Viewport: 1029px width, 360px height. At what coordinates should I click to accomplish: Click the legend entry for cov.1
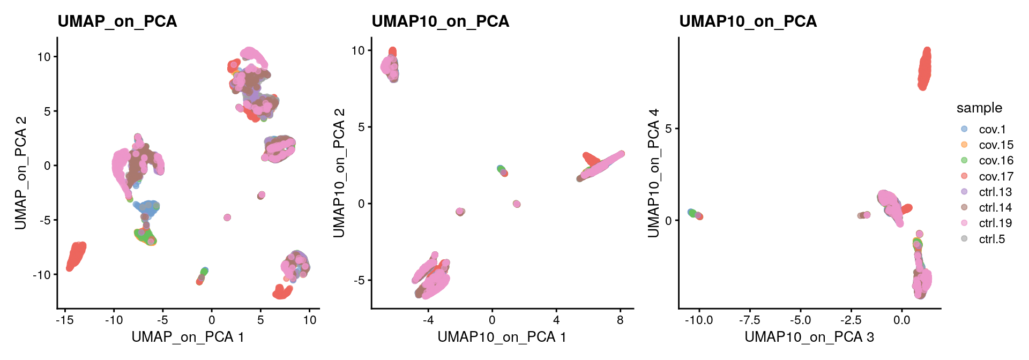click(x=991, y=130)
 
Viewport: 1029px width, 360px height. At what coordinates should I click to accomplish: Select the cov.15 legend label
click(x=996, y=145)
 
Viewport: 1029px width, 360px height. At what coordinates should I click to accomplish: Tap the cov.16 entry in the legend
click(x=996, y=161)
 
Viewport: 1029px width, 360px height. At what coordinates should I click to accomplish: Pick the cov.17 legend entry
click(x=996, y=176)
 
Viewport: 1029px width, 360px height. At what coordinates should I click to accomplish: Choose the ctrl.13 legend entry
click(x=995, y=192)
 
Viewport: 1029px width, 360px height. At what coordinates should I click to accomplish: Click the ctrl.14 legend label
click(x=995, y=207)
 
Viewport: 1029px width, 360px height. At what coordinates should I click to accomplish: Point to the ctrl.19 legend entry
click(x=995, y=223)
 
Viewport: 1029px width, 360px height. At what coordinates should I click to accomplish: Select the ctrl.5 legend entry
click(x=991, y=239)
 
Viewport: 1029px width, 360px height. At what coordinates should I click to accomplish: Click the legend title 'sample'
click(x=979, y=108)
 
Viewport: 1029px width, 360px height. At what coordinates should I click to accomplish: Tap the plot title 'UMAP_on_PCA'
click(x=117, y=21)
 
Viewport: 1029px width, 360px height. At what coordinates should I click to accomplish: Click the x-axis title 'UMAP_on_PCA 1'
click(x=188, y=337)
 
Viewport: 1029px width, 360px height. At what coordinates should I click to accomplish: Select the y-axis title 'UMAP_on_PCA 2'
click(x=21, y=172)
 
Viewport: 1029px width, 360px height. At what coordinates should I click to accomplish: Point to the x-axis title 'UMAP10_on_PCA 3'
click(x=809, y=337)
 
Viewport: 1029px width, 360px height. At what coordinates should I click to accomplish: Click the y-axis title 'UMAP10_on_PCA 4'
click(x=653, y=172)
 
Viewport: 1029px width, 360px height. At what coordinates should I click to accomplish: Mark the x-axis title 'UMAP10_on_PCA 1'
click(x=502, y=337)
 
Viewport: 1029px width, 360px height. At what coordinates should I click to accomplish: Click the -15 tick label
click(x=65, y=320)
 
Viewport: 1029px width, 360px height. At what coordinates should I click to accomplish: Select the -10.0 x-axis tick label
click(x=699, y=320)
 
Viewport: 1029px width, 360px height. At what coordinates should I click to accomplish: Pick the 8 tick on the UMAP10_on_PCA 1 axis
click(x=620, y=320)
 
